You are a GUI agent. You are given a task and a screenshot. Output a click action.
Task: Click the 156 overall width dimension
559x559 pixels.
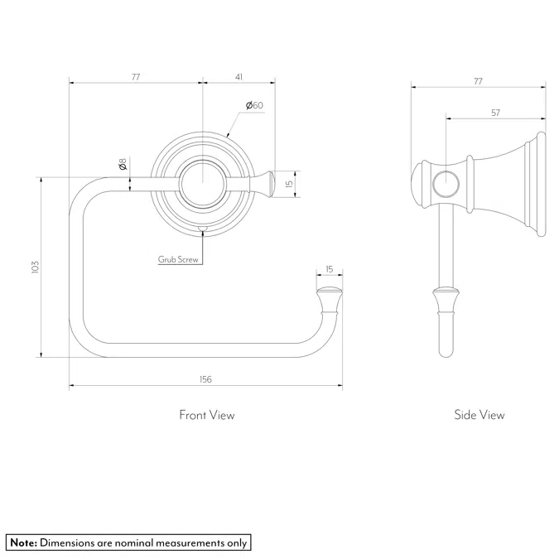point(205,379)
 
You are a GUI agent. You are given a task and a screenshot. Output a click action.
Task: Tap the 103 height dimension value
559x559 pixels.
point(35,267)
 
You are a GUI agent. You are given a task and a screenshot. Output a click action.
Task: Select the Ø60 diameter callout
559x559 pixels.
point(254,105)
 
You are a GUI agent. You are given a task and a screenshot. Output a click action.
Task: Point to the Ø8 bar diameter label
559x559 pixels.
point(122,166)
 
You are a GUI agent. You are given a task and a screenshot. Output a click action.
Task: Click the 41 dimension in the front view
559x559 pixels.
point(239,77)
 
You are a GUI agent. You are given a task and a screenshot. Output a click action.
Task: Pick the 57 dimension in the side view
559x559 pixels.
point(495,112)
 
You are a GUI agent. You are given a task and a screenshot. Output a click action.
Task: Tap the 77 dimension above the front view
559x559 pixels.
point(136,77)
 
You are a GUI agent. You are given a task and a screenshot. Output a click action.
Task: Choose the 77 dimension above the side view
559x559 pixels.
point(478,82)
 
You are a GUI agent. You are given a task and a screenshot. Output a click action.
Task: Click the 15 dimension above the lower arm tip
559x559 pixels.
point(329,269)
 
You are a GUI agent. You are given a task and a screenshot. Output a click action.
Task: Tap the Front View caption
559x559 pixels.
point(206,415)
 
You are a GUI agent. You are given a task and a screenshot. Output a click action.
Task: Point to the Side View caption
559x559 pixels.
point(479,415)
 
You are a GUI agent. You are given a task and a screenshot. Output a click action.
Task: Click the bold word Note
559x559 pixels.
point(23,542)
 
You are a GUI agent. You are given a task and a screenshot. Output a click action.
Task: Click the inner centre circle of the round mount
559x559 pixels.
point(202,183)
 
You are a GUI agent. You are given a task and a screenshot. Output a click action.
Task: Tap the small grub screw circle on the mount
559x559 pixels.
point(202,228)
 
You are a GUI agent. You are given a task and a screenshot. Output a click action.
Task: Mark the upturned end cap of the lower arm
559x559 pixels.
point(329,296)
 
